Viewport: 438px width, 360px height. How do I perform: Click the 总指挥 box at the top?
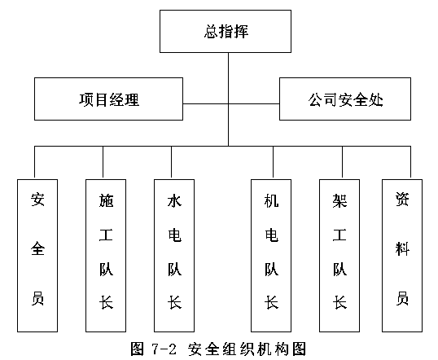[x=226, y=31]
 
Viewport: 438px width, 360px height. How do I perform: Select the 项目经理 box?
[x=108, y=99]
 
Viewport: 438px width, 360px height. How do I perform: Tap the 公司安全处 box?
[x=345, y=99]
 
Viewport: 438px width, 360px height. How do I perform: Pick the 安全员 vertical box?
[x=37, y=256]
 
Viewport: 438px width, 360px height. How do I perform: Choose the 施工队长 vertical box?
[x=106, y=256]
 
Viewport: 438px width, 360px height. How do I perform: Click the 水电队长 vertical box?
[x=174, y=256]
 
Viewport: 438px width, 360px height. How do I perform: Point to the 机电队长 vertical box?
[x=271, y=256]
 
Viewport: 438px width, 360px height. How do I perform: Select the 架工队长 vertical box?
[x=339, y=256]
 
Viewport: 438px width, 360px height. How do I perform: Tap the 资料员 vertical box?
[x=402, y=256]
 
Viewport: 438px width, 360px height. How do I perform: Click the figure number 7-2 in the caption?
[x=164, y=349]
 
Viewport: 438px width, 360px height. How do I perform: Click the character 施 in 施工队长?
[x=106, y=200]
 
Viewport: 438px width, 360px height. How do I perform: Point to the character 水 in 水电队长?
[x=174, y=200]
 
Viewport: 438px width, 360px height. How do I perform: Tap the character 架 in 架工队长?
[x=339, y=200]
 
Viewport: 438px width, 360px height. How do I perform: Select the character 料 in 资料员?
[x=402, y=248]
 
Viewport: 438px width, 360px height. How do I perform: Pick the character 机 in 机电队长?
[x=271, y=200]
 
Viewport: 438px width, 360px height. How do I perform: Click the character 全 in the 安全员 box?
[x=37, y=248]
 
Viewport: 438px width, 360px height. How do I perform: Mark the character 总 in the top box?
[x=211, y=31]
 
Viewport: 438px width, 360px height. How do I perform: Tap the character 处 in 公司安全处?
[x=375, y=99]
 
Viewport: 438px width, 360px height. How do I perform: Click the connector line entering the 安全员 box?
[x=34, y=163]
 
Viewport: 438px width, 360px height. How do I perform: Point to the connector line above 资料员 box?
[x=410, y=163]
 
